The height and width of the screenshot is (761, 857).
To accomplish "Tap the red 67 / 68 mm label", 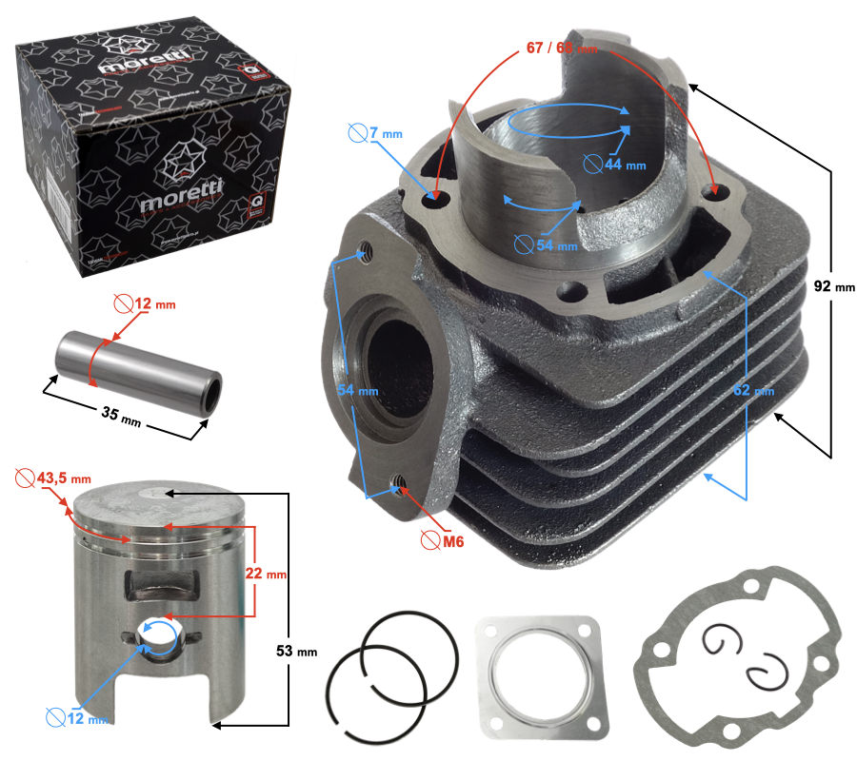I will point(562,47).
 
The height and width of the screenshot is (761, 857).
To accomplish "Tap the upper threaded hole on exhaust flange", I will point(365,252).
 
